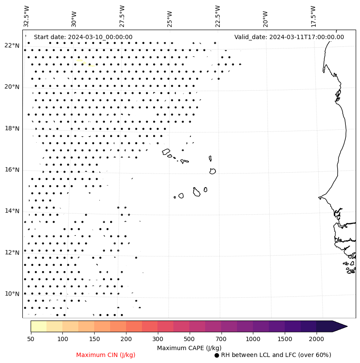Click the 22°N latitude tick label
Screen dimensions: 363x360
click(x=12, y=46)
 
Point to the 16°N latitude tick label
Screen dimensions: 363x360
click(x=12, y=170)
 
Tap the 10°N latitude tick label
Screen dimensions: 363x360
click(x=12, y=294)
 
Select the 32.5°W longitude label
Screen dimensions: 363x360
click(x=27, y=16)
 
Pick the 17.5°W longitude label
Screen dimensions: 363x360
click(x=313, y=16)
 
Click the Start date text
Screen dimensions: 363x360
click(x=83, y=37)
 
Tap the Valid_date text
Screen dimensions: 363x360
click(x=289, y=37)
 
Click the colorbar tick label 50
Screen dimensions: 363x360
click(x=31, y=339)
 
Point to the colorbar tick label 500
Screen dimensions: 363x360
click(x=189, y=339)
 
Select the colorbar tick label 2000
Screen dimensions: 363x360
click(x=317, y=339)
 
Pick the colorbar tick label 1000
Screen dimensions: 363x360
click(x=253, y=339)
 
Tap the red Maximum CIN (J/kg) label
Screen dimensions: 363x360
click(x=106, y=355)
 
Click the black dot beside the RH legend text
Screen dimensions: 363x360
click(x=217, y=355)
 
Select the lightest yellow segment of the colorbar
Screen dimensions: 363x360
click(x=38, y=326)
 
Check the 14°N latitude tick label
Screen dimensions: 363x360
click(x=12, y=211)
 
